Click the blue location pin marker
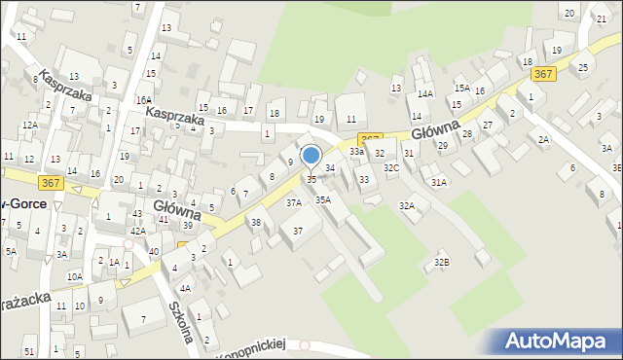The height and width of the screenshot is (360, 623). (x=311, y=156)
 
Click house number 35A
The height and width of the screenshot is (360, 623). (x=323, y=199)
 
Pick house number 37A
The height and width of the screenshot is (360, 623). (x=293, y=203)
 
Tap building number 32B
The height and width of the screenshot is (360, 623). (x=442, y=262)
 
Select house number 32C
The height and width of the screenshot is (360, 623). (x=391, y=168)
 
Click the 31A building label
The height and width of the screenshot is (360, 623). (x=439, y=182)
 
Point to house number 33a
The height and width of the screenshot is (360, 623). (x=357, y=152)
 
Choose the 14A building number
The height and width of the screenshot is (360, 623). (x=425, y=94)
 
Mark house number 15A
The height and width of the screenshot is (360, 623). (x=461, y=88)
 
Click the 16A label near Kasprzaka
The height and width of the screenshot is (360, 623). (x=144, y=100)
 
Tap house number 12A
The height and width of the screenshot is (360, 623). (x=30, y=125)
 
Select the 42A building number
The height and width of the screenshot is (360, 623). (x=138, y=231)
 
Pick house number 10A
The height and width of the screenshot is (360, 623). (x=74, y=276)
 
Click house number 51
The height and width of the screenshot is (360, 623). (x=29, y=350)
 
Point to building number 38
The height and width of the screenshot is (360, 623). (x=256, y=223)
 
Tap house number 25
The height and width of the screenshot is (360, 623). (x=583, y=67)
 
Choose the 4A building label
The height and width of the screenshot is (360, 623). (x=184, y=288)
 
